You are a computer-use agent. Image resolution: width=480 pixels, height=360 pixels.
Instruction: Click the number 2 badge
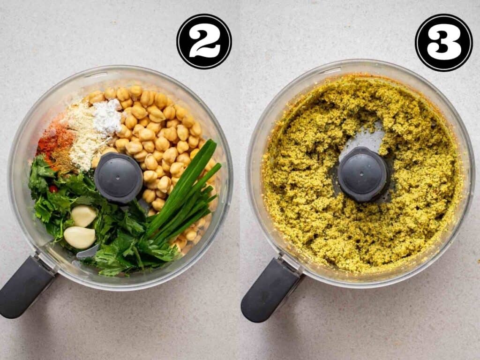point(204,41)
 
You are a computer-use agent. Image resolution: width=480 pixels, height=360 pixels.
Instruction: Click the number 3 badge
point(443,42)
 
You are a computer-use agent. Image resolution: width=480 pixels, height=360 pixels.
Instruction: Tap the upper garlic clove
point(83,216)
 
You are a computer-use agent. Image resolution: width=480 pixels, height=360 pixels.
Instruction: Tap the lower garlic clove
point(79,237)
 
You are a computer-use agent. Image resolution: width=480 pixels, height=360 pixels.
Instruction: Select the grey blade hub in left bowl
point(118,178)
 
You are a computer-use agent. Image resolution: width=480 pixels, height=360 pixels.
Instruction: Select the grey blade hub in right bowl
point(362,174)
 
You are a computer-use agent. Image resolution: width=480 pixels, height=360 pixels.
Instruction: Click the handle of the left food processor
point(26,286)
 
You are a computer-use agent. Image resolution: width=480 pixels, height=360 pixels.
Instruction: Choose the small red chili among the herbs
point(53,188)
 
